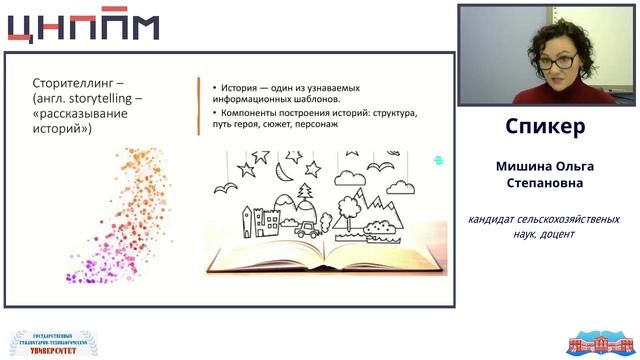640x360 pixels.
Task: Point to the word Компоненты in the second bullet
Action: [x=253, y=115]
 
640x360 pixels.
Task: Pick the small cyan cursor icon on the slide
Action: [x=438, y=160]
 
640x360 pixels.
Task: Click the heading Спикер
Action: [x=545, y=128]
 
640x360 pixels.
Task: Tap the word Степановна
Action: [x=545, y=184]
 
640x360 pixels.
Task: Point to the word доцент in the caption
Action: [x=555, y=233]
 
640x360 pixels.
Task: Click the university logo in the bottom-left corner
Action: [x=47, y=341]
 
